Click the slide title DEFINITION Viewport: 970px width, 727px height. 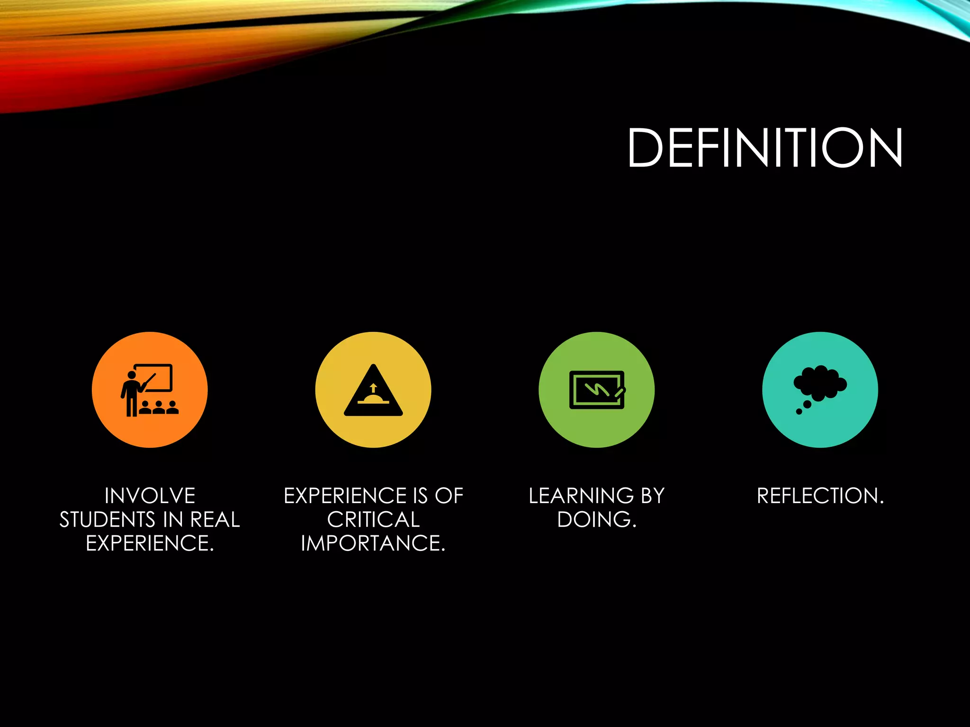pyautogui.click(x=764, y=148)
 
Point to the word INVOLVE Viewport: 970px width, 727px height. pyautogui.click(x=150, y=496)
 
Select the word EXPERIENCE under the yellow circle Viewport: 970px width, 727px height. pyautogui.click(x=345, y=496)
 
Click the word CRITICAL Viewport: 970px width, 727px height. pyautogui.click(x=373, y=520)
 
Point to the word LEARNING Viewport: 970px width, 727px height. pyautogui.click(x=581, y=496)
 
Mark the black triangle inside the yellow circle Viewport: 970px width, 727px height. pyautogui.click(x=373, y=393)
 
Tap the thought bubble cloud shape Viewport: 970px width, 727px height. pyautogui.click(x=820, y=382)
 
